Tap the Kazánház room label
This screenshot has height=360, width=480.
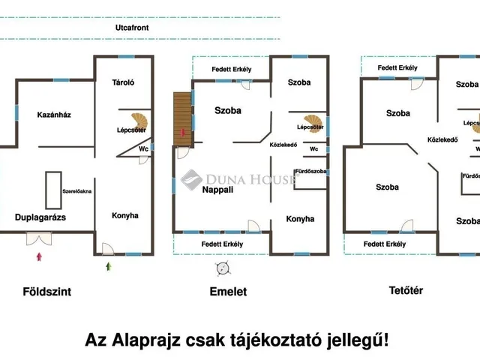[54, 115]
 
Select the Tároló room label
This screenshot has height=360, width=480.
[122, 83]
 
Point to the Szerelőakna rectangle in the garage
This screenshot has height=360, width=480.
[53, 185]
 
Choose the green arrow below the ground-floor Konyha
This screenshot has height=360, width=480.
[109, 265]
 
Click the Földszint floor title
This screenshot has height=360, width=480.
[46, 292]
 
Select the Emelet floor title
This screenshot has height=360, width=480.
[227, 292]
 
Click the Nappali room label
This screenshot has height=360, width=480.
[196, 190]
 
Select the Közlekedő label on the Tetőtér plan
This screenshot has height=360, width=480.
[442, 139]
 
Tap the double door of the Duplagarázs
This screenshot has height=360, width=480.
[37, 238]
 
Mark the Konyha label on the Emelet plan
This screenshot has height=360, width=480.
[300, 219]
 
